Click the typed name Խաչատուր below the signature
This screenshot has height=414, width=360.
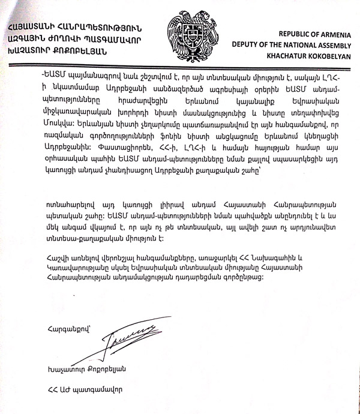pos(59,367)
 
